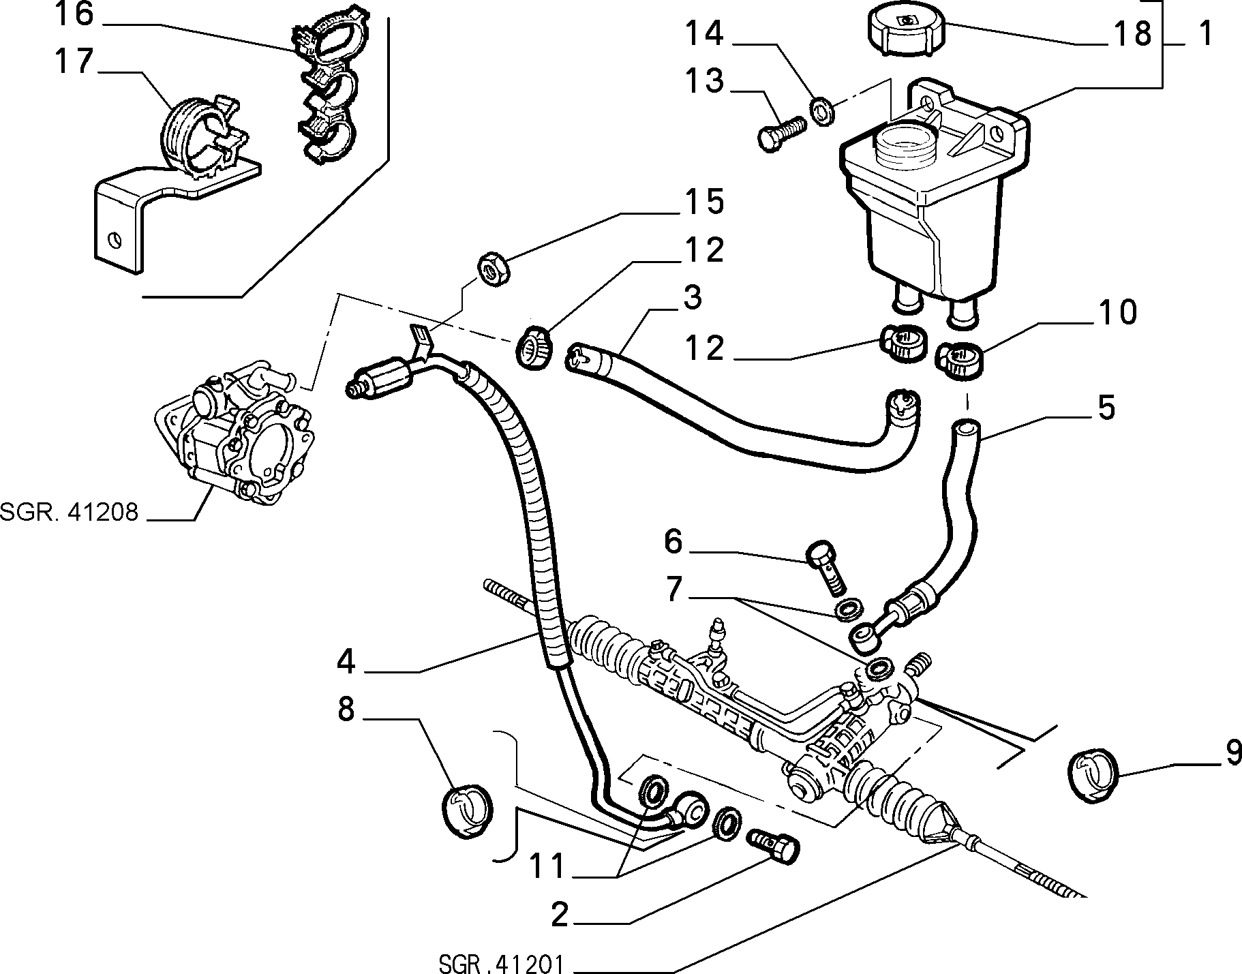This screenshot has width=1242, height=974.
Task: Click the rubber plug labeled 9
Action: [x=1092, y=773]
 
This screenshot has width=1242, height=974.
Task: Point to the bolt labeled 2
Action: [x=774, y=847]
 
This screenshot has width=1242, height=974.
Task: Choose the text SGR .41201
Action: [x=500, y=963]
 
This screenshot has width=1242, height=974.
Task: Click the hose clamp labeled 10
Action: [x=960, y=359]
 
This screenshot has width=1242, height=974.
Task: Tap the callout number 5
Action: [x=1106, y=407]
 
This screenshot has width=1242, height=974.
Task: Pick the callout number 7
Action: [x=673, y=589]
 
